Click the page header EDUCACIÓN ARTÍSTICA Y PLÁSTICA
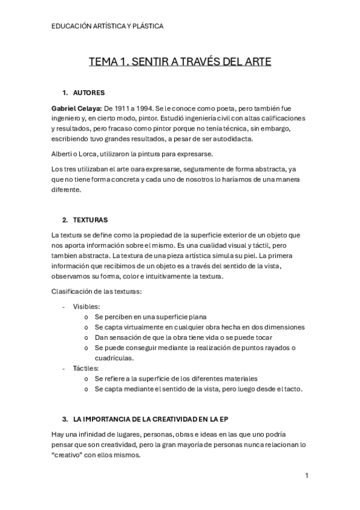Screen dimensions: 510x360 108,26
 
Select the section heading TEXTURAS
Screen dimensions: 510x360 90,220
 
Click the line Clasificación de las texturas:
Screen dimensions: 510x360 97,292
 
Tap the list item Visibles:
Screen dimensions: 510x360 87,306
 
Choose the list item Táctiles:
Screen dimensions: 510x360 86,368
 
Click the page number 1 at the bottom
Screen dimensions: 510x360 307,476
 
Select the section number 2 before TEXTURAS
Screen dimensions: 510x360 64,220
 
